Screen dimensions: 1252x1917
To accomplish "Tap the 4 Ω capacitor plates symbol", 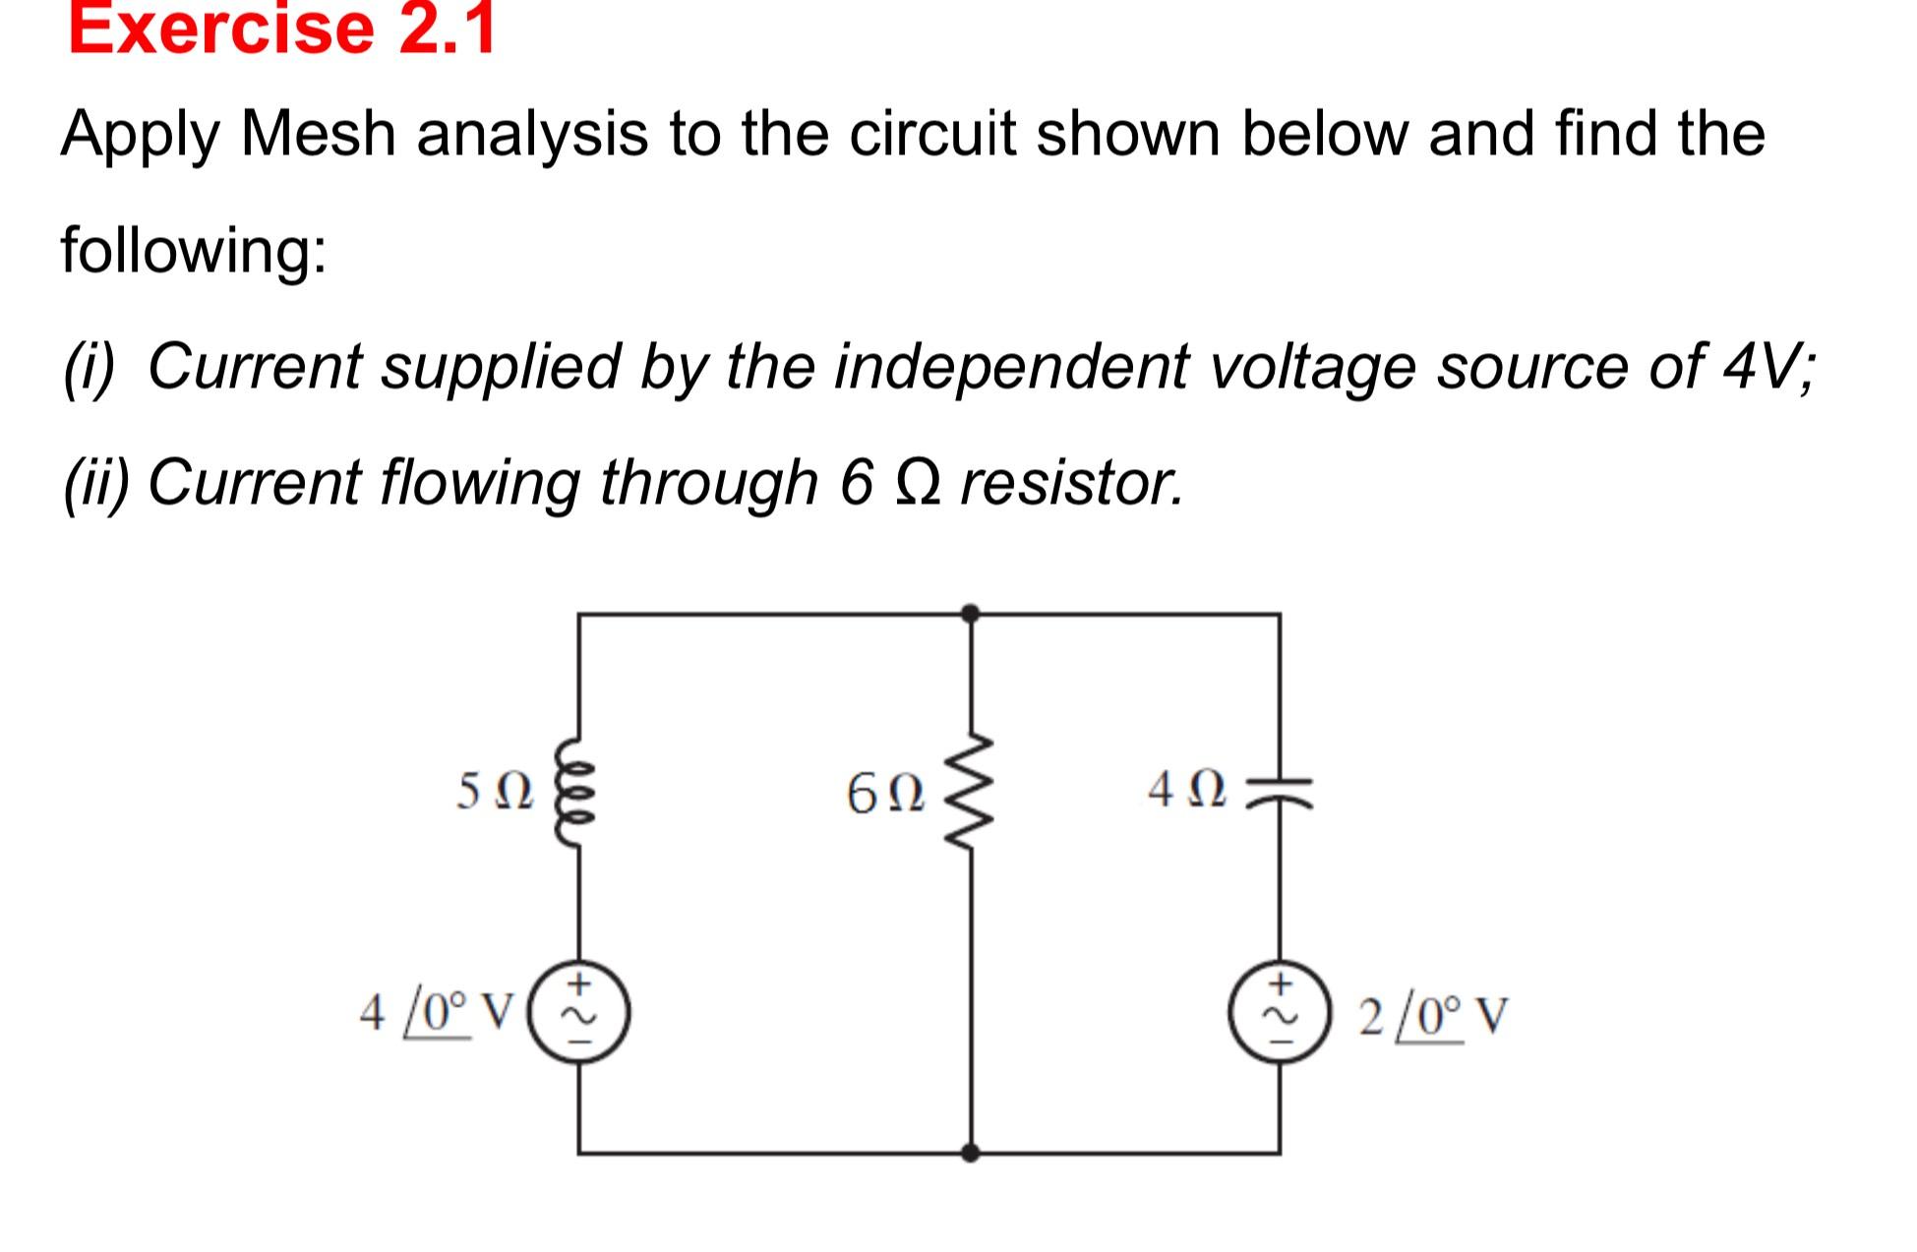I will [x=1280, y=791].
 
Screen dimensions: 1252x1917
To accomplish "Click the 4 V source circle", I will [x=579, y=1012].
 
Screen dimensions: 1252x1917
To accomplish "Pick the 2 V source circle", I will [x=1280, y=1013].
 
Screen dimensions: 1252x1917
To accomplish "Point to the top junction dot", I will [x=970, y=614].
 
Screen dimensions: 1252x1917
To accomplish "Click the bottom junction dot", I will [x=970, y=1153].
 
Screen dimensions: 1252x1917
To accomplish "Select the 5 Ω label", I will [x=495, y=792].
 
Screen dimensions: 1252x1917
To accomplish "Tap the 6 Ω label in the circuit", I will [x=885, y=795].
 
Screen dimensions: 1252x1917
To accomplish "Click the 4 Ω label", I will [x=1187, y=791].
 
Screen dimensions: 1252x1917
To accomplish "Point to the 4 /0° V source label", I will [x=436, y=1012].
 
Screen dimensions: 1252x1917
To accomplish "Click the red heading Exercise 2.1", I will [x=281, y=30].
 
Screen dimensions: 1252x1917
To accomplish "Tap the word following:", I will [x=194, y=250].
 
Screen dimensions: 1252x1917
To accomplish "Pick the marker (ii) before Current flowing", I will [x=95, y=483].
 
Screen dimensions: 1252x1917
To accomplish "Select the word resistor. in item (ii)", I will [x=1072, y=483].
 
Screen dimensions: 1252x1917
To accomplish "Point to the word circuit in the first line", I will [x=931, y=134].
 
